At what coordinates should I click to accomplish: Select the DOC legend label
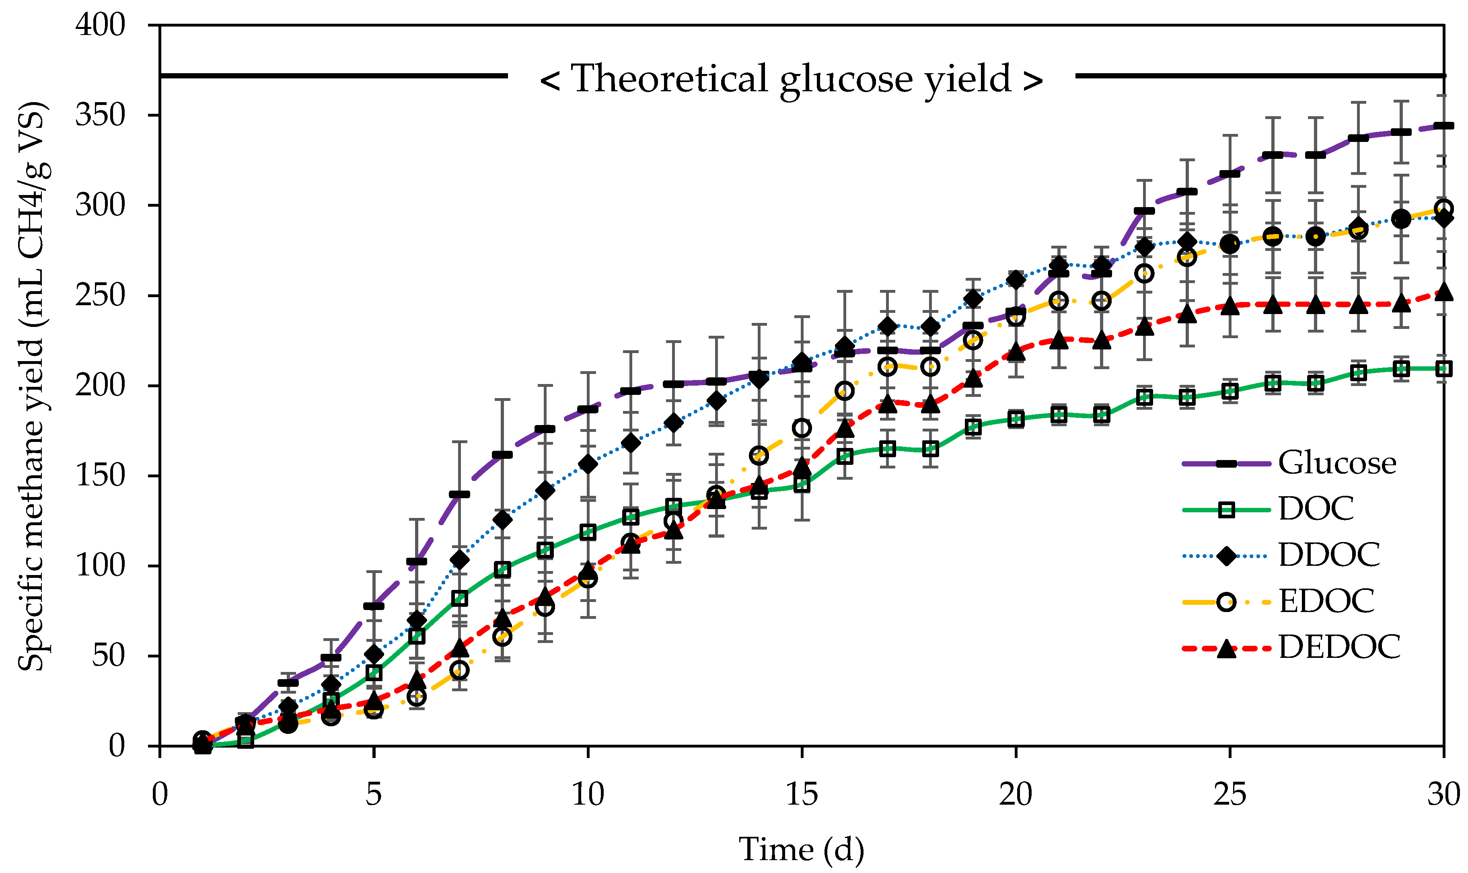(x=1316, y=509)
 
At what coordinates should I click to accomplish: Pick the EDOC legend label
(x=1326, y=601)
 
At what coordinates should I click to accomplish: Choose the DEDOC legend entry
(x=1339, y=647)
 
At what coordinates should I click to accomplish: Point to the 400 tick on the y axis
(x=100, y=25)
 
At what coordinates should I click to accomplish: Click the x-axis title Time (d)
(x=802, y=849)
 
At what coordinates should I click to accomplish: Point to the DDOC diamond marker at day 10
(x=588, y=464)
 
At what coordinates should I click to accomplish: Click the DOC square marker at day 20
(x=1016, y=419)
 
